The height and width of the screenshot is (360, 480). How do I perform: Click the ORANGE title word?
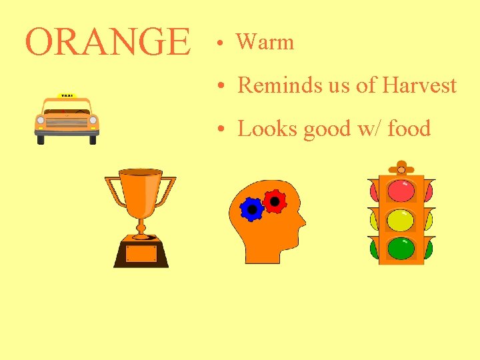click(107, 42)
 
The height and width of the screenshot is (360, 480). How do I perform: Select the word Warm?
click(265, 42)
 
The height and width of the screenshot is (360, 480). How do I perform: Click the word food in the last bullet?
click(409, 128)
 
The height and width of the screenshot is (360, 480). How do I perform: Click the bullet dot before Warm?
click(219, 44)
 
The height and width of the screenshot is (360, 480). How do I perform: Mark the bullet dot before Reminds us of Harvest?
click(219, 87)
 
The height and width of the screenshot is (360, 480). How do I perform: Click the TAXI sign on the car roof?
click(67, 95)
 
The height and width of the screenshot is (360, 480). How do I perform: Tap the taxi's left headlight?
click(41, 121)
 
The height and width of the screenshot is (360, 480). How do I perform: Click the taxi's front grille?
click(67, 122)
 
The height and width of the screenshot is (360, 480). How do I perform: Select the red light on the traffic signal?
click(401, 191)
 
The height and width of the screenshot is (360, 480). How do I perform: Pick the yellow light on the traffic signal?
click(401, 219)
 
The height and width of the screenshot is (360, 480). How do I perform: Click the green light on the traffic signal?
click(401, 248)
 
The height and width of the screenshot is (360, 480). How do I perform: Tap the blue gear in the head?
click(252, 209)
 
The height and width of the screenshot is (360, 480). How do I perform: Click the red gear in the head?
click(273, 200)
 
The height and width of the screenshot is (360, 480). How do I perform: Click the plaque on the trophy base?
click(141, 254)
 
